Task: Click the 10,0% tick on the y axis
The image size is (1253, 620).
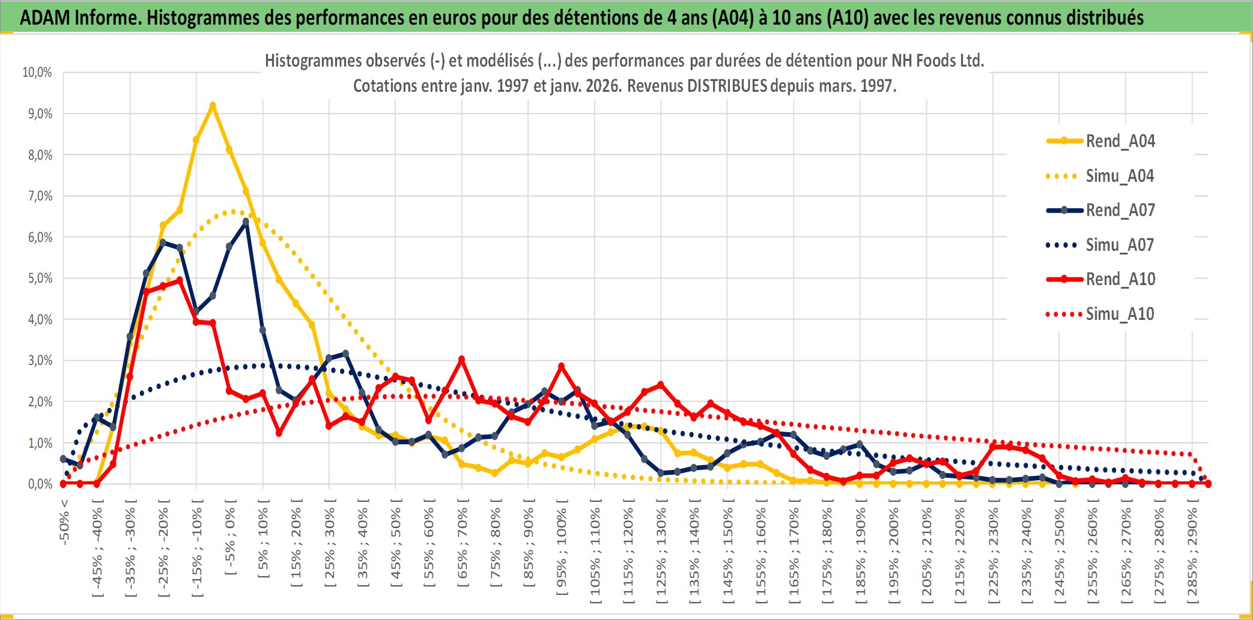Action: [x=37, y=73]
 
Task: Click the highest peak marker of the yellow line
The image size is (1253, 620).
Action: [x=213, y=106]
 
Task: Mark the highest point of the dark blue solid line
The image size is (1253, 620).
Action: [x=246, y=222]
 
